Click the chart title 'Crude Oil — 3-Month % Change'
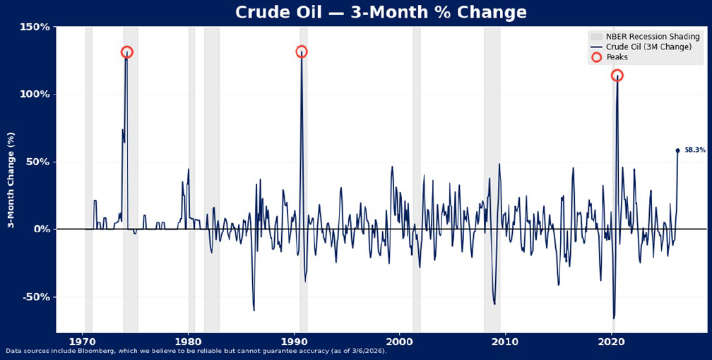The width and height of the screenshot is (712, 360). (x=356, y=13)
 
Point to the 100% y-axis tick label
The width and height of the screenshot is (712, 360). (x=35, y=95)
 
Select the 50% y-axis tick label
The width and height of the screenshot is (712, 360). (x=38, y=162)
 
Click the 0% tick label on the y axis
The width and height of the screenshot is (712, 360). (x=41, y=229)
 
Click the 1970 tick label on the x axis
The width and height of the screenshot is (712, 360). (x=83, y=342)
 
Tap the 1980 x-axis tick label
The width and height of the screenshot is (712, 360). (x=189, y=342)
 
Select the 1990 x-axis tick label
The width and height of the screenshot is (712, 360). (x=294, y=342)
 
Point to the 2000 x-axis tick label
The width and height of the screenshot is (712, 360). (x=400, y=342)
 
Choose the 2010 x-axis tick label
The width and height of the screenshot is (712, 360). (x=505, y=342)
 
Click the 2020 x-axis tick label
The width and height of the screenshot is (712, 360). (x=611, y=342)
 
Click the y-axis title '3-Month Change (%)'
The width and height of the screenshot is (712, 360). (x=11, y=179)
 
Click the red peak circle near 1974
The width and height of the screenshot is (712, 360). (x=126, y=52)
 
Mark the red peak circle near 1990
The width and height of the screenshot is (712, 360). (x=302, y=52)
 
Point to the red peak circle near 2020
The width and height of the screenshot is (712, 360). (x=617, y=76)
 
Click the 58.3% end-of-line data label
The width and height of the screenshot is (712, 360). (x=694, y=150)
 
